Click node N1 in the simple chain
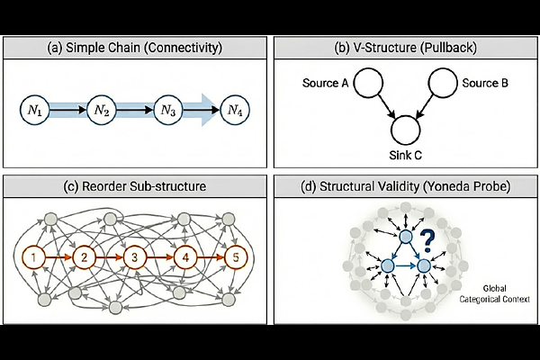(x=34, y=111)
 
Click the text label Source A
(x=324, y=84)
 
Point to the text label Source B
(x=484, y=84)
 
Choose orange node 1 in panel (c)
(x=34, y=258)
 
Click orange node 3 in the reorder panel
(x=134, y=258)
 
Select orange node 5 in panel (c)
(x=235, y=258)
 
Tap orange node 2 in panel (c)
(x=85, y=258)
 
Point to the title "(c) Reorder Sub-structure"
(x=135, y=187)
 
